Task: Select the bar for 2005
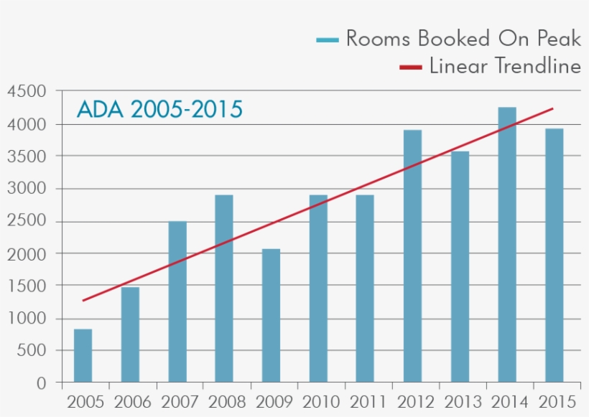click(x=83, y=355)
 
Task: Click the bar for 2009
click(x=271, y=316)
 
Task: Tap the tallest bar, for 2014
click(x=506, y=245)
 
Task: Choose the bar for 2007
click(x=177, y=301)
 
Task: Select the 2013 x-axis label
click(x=460, y=401)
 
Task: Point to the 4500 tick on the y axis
click(x=27, y=92)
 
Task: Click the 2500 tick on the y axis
click(x=27, y=222)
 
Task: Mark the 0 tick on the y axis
click(x=41, y=384)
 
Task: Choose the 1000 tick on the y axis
click(x=27, y=319)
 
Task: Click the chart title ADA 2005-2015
click(x=159, y=110)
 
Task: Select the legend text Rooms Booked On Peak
click(x=463, y=38)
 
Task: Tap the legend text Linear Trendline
click(x=505, y=67)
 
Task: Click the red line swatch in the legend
click(x=410, y=67)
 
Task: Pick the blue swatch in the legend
click(x=327, y=39)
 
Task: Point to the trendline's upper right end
click(x=552, y=109)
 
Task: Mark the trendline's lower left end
click(x=83, y=300)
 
